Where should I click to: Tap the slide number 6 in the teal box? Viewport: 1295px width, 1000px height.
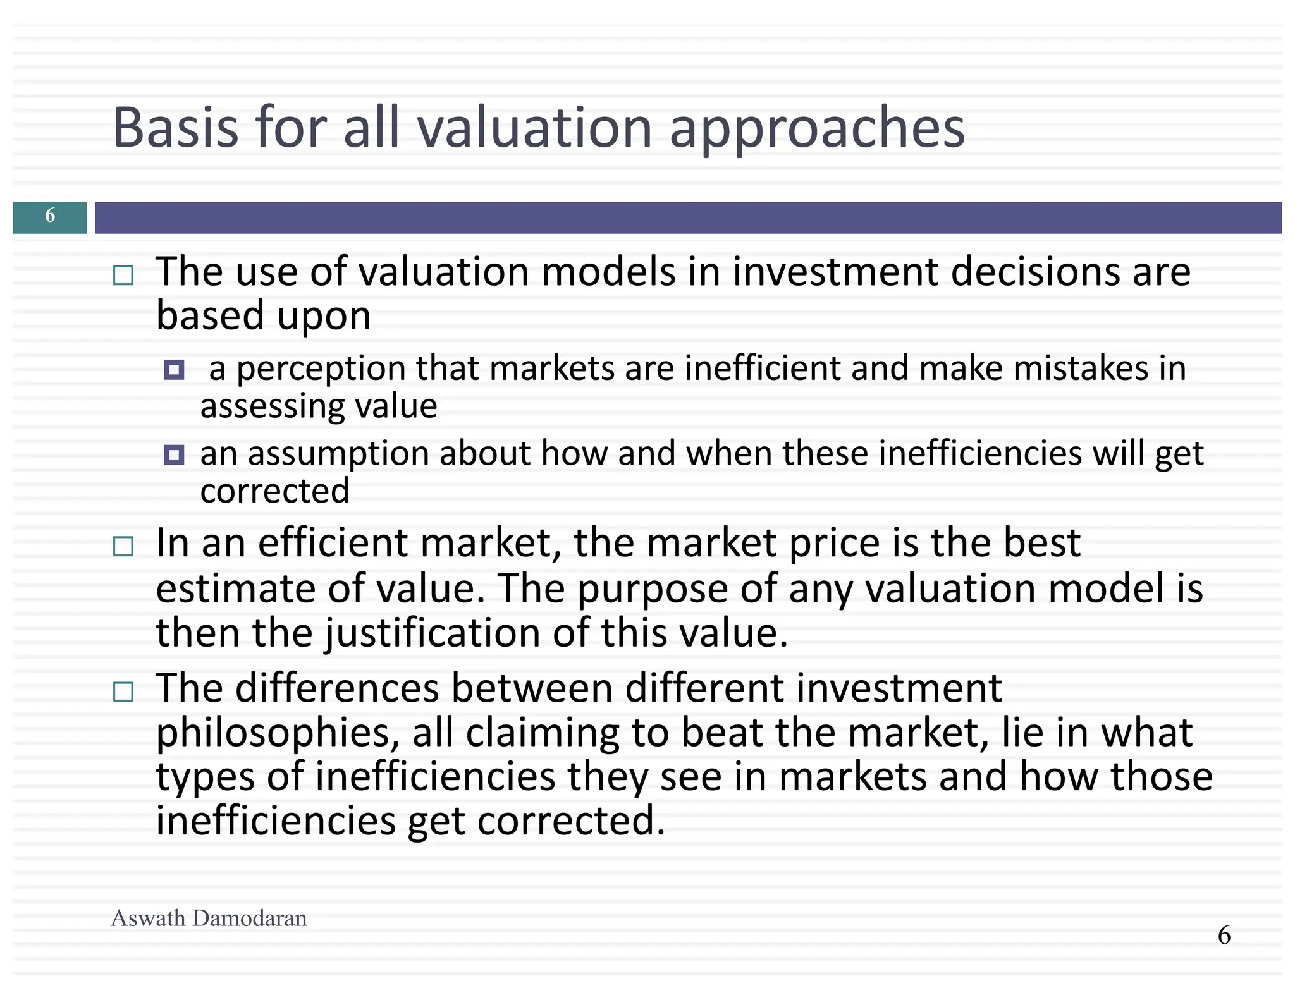(50, 217)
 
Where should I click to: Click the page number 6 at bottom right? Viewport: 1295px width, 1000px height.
(1224, 935)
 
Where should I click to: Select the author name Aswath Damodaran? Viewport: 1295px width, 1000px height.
(209, 918)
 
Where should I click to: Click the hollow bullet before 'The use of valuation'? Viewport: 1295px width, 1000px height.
(123, 276)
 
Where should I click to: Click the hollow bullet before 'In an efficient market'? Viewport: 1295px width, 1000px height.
(123, 546)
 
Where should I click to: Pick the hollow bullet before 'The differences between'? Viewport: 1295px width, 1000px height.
(123, 692)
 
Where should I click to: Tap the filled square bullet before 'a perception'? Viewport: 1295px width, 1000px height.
(174, 370)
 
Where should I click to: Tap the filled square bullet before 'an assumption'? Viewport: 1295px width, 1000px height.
(174, 455)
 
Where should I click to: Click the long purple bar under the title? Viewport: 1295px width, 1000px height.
(688, 217)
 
